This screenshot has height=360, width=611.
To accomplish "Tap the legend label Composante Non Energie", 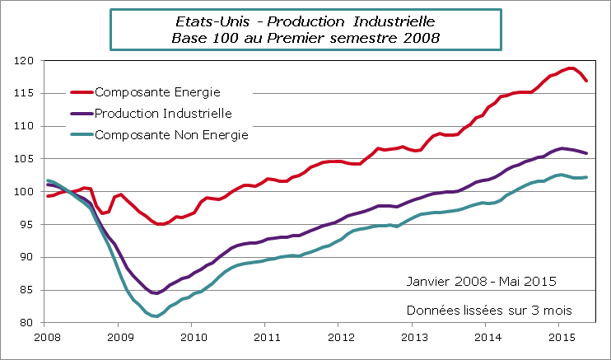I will click(171, 134).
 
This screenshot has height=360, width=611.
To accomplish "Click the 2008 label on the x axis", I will click(47, 337).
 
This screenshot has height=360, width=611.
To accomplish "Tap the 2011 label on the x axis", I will click(265, 337).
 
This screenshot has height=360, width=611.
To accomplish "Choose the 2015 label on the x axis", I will click(561, 337).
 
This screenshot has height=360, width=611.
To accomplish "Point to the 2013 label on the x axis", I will click(414, 337).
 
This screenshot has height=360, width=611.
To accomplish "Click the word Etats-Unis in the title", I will click(209, 21).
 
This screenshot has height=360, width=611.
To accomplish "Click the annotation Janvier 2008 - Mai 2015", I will click(481, 281).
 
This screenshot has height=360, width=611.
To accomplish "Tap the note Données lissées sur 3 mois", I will click(489, 310).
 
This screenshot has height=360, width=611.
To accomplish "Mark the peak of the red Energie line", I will click(571, 68).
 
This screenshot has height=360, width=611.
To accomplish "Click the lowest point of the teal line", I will click(156, 316).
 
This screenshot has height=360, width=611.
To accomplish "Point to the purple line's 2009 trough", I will click(156, 293).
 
